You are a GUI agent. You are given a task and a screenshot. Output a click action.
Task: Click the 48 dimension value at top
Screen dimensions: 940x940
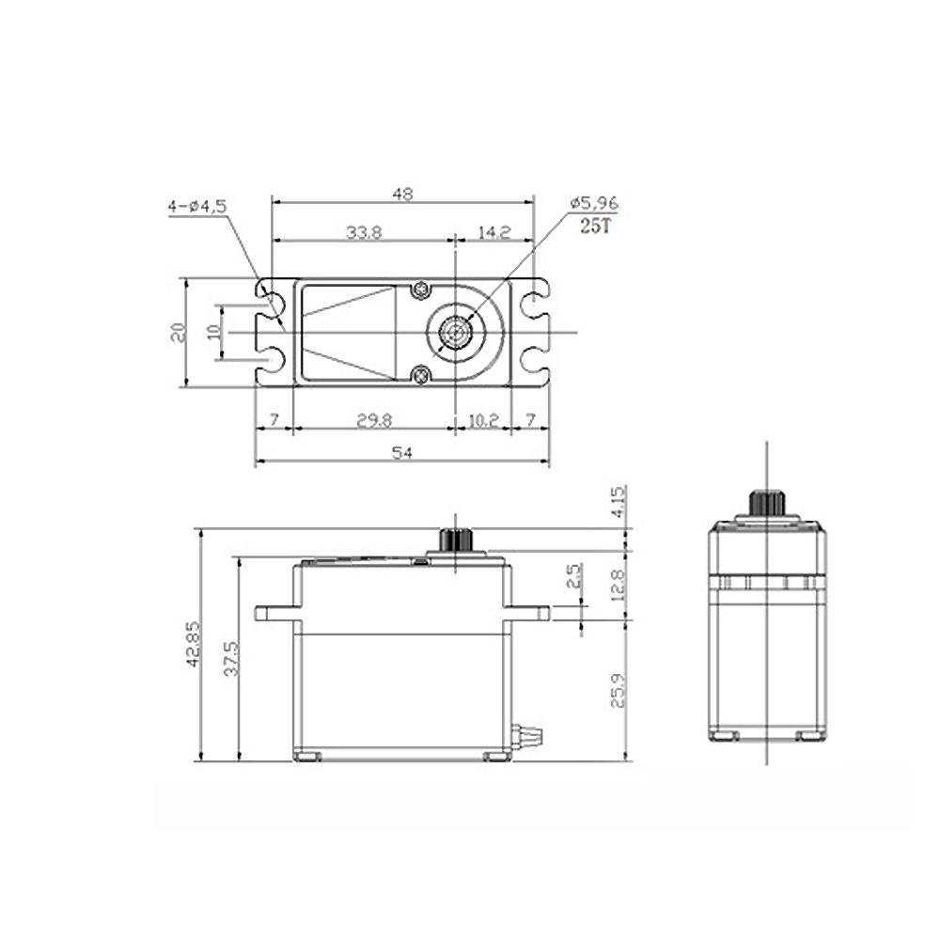click(x=403, y=194)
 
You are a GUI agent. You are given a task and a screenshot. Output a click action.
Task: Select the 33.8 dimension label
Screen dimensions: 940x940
click(x=364, y=232)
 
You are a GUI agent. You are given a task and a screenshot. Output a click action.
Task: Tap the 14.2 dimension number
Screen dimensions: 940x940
click(x=493, y=232)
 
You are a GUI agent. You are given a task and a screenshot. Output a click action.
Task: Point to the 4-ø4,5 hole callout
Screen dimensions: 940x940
click(x=197, y=207)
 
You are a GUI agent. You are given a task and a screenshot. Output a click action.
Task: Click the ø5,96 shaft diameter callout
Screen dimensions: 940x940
click(x=593, y=203)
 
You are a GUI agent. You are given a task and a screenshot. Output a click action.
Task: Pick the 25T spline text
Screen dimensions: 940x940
click(x=595, y=227)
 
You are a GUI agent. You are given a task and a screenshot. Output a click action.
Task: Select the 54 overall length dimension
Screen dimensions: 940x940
click(x=402, y=453)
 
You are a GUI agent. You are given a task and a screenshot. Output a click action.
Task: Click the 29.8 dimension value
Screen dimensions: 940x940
click(x=374, y=421)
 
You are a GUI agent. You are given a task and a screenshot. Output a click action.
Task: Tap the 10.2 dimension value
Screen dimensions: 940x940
click(x=483, y=421)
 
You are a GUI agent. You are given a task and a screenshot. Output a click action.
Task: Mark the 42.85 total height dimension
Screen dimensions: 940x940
click(x=193, y=644)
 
